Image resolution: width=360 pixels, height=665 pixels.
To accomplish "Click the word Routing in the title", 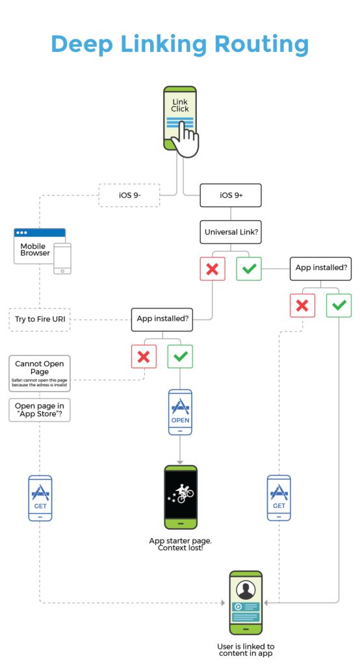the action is point(261,45).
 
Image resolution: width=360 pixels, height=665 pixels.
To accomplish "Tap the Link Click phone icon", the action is point(180,118).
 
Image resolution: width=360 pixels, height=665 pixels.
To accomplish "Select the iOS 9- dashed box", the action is point(129,195).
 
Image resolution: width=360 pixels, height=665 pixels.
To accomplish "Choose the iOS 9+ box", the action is point(231,195).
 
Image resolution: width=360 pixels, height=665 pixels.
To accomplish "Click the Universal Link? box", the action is point(231,232).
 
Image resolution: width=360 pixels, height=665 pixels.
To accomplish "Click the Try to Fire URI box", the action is point(40,320).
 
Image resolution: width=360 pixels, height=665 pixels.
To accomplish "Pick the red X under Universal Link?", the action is point(212,268).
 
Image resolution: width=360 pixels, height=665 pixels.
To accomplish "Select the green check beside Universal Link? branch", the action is point(249,268).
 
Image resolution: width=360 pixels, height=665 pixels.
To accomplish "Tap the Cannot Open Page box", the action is point(40,373).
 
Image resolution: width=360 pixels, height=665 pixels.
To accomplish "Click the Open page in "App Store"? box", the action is point(40,410).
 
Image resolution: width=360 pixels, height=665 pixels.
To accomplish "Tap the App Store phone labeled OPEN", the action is point(180,412).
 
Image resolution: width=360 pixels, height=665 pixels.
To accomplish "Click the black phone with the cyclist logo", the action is point(181,497).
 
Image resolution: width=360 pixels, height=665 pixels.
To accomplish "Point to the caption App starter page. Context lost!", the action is point(181,544).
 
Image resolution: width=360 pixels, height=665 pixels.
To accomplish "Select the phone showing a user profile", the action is point(246,603).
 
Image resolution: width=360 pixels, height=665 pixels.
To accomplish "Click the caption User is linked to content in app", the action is point(246,649).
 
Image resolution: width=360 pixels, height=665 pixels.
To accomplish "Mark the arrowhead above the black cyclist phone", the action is point(180,462).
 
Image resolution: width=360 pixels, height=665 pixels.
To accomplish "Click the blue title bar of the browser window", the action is point(40,232).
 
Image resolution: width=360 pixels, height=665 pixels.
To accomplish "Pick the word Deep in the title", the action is point(83,45).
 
